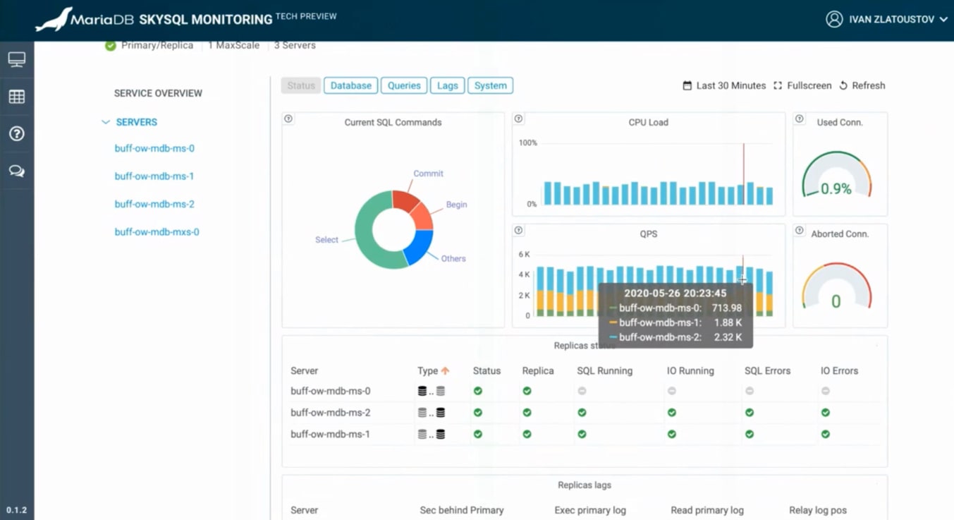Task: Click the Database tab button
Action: pyautogui.click(x=350, y=85)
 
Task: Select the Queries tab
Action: pyautogui.click(x=404, y=85)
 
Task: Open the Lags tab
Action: pyautogui.click(x=447, y=85)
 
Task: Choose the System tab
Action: pyautogui.click(x=490, y=85)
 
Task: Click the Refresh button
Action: pyautogui.click(x=862, y=85)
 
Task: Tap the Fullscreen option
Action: pyautogui.click(x=802, y=85)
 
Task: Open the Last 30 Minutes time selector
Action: pyautogui.click(x=724, y=85)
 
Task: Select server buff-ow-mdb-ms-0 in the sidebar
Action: pyautogui.click(x=154, y=149)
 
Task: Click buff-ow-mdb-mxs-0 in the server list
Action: pyautogui.click(x=157, y=232)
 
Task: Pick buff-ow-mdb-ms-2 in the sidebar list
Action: pyautogui.click(x=154, y=205)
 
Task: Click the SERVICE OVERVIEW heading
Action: pyautogui.click(x=158, y=93)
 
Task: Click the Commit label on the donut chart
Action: pyautogui.click(x=428, y=174)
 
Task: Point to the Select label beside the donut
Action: pyautogui.click(x=326, y=240)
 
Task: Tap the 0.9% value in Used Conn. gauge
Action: pyautogui.click(x=836, y=189)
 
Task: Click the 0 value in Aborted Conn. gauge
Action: pyautogui.click(x=836, y=302)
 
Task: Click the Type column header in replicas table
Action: pyautogui.click(x=428, y=371)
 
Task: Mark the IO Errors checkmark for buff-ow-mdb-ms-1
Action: pyautogui.click(x=825, y=435)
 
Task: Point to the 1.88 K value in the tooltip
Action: pyautogui.click(x=728, y=322)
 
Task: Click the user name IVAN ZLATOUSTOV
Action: pyautogui.click(x=891, y=20)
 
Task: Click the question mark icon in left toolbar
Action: pyautogui.click(x=17, y=134)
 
